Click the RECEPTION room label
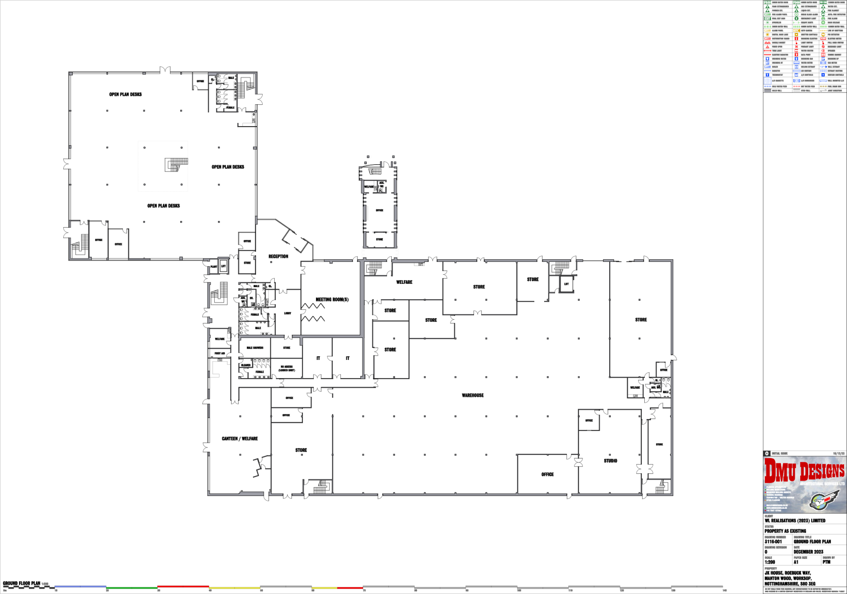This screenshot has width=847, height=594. [x=278, y=256]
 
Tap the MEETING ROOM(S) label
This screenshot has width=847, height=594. [x=332, y=299]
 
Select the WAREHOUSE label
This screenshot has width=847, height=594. [x=473, y=395]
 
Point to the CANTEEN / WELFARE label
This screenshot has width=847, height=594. [x=239, y=438]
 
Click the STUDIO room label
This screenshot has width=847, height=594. [x=610, y=461]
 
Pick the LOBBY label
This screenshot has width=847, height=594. [x=287, y=313]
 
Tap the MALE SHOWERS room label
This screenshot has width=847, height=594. [x=255, y=348]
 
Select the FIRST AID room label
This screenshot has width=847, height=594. [x=220, y=353]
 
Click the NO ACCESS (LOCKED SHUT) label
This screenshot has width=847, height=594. [x=287, y=368]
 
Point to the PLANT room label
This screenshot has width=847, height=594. [x=214, y=266]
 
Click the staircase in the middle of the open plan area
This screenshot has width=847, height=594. [x=176, y=164]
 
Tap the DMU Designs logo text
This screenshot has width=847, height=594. [x=804, y=472]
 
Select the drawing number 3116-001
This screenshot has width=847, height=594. [x=773, y=541]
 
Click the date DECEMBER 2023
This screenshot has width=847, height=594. [x=808, y=552]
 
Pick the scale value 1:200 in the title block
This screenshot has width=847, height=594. [x=770, y=562]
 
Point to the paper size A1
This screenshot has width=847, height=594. [x=796, y=562]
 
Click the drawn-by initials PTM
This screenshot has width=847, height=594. [x=827, y=562]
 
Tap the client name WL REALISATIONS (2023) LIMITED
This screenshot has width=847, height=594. [x=794, y=521]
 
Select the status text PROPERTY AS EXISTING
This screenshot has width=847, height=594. [x=785, y=531]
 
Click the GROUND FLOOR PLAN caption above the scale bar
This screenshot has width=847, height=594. [x=22, y=583]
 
